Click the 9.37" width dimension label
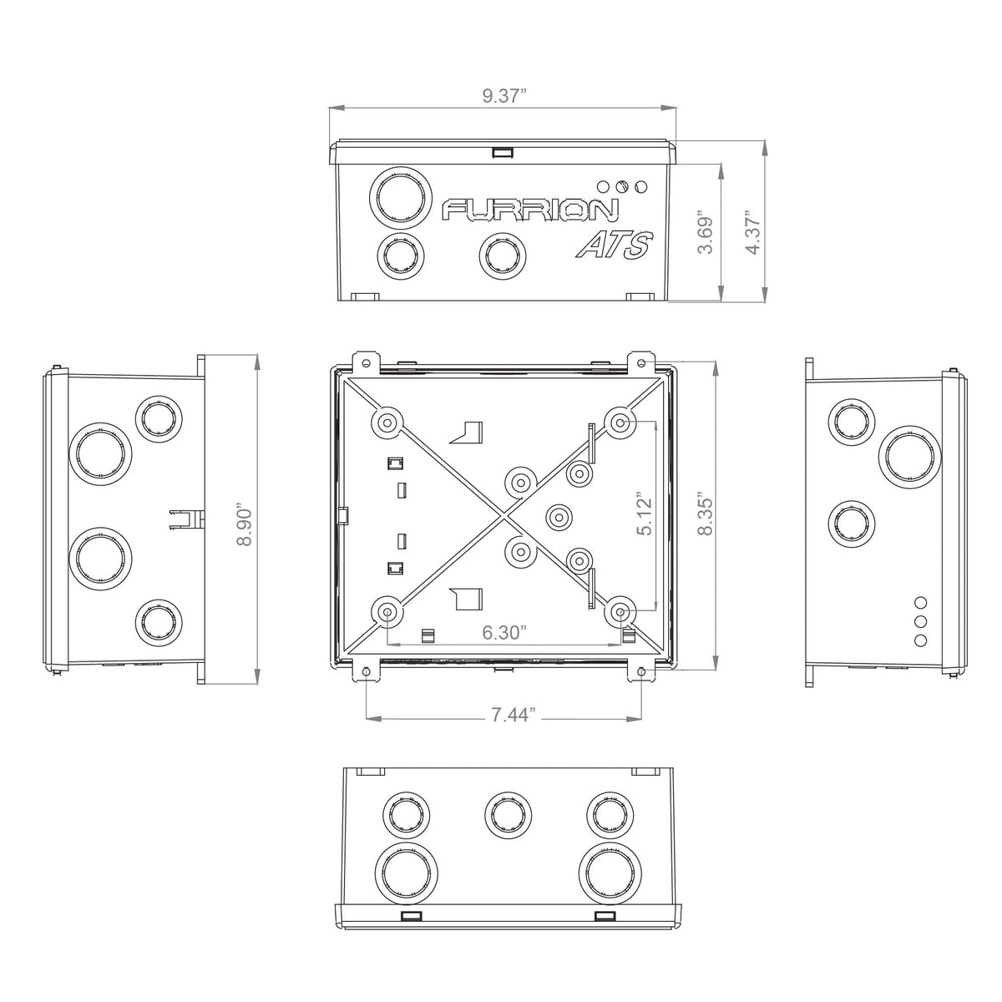tap(504, 96)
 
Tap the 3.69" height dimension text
tap(705, 232)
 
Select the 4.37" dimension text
tap(752, 232)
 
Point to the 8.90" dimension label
tap(244, 524)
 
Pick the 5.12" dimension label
tap(645, 515)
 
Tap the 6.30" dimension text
tap(504, 633)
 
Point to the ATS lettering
tap(614, 245)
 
